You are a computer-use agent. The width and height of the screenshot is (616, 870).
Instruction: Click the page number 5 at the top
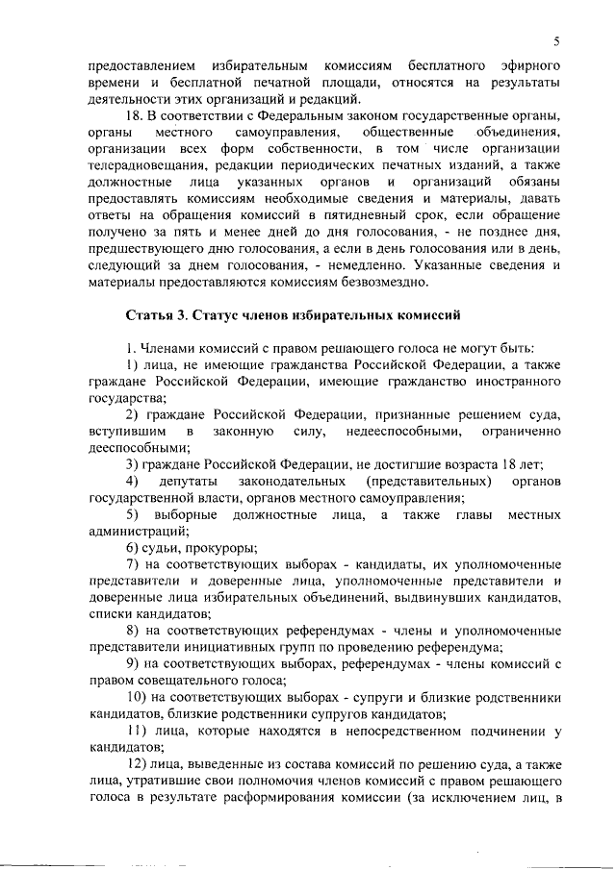[x=557, y=40]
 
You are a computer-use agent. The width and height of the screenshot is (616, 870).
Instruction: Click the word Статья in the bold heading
[x=147, y=314]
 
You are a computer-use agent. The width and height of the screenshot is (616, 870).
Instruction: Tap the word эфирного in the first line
[x=528, y=65]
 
